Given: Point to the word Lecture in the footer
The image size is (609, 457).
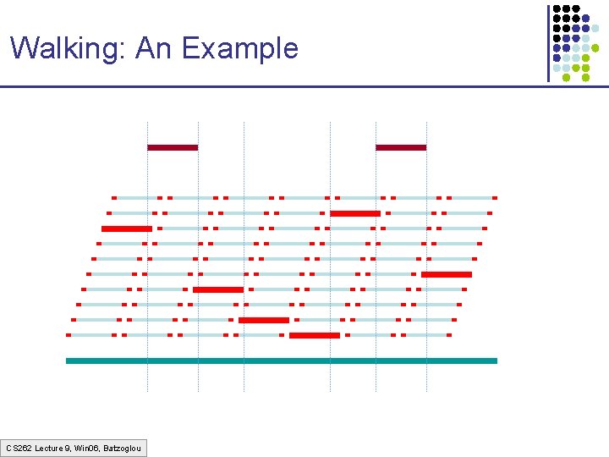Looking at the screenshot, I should coord(49,447).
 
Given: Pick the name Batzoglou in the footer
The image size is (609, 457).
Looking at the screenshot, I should coord(123,447).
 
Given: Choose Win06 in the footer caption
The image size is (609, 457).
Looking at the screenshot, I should coord(87,447).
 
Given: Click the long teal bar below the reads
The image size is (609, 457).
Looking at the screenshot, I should coord(282,361).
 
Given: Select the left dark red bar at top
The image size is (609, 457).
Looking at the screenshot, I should coord(173,147).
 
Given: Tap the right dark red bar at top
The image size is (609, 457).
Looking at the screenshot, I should coord(401,147).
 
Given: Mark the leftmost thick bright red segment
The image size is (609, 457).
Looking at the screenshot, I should coord(127,228).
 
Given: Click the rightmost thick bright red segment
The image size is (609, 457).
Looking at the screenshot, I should coord(447,274).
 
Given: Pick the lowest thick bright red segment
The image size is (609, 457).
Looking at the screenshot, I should coord(315,335).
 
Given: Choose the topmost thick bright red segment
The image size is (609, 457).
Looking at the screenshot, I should coord(355,213).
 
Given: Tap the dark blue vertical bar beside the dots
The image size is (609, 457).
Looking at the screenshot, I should coord(548,42).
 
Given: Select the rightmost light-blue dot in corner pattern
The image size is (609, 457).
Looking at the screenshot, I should coord(596,28).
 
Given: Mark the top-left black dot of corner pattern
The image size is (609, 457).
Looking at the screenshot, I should coord(557,9).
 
